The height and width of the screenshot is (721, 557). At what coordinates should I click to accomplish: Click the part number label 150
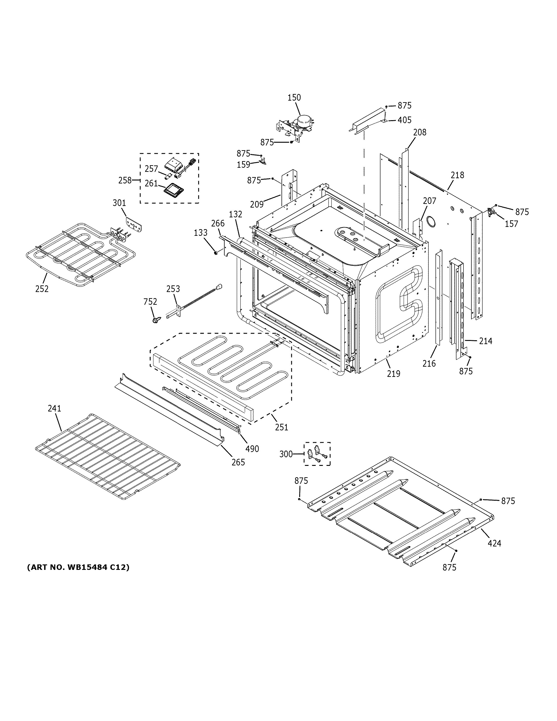(x=294, y=97)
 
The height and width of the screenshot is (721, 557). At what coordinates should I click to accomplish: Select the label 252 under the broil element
(x=42, y=289)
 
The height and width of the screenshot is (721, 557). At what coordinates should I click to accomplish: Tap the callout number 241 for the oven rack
(x=54, y=408)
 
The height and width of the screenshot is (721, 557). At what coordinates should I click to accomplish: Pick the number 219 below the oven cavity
(x=393, y=373)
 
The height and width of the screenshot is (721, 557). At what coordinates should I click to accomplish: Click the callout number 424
(x=494, y=543)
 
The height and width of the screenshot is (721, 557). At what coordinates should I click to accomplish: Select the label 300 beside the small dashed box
(x=286, y=454)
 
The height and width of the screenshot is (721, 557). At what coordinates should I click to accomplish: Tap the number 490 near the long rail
(x=252, y=449)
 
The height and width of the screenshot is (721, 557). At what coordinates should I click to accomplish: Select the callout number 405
(x=405, y=120)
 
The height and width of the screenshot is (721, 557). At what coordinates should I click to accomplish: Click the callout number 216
(x=429, y=363)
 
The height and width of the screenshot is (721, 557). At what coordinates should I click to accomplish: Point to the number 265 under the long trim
(x=238, y=462)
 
